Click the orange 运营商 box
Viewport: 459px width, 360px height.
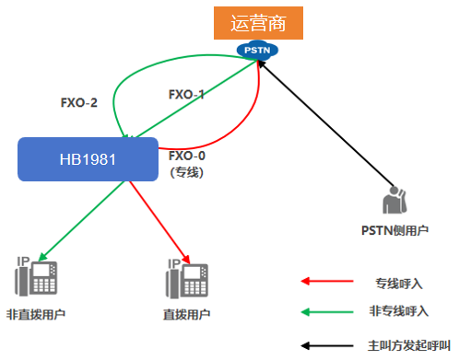(258, 22)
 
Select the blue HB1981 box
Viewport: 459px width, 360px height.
(88, 157)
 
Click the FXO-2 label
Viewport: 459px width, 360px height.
(79, 102)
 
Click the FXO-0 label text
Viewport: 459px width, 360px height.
(187, 156)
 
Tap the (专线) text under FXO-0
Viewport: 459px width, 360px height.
(187, 171)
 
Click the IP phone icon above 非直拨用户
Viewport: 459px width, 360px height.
(35, 278)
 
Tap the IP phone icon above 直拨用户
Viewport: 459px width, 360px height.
(186, 278)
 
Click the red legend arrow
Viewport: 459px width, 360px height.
(328, 281)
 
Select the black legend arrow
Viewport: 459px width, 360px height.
(328, 347)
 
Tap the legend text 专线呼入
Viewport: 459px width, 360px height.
(398, 282)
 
